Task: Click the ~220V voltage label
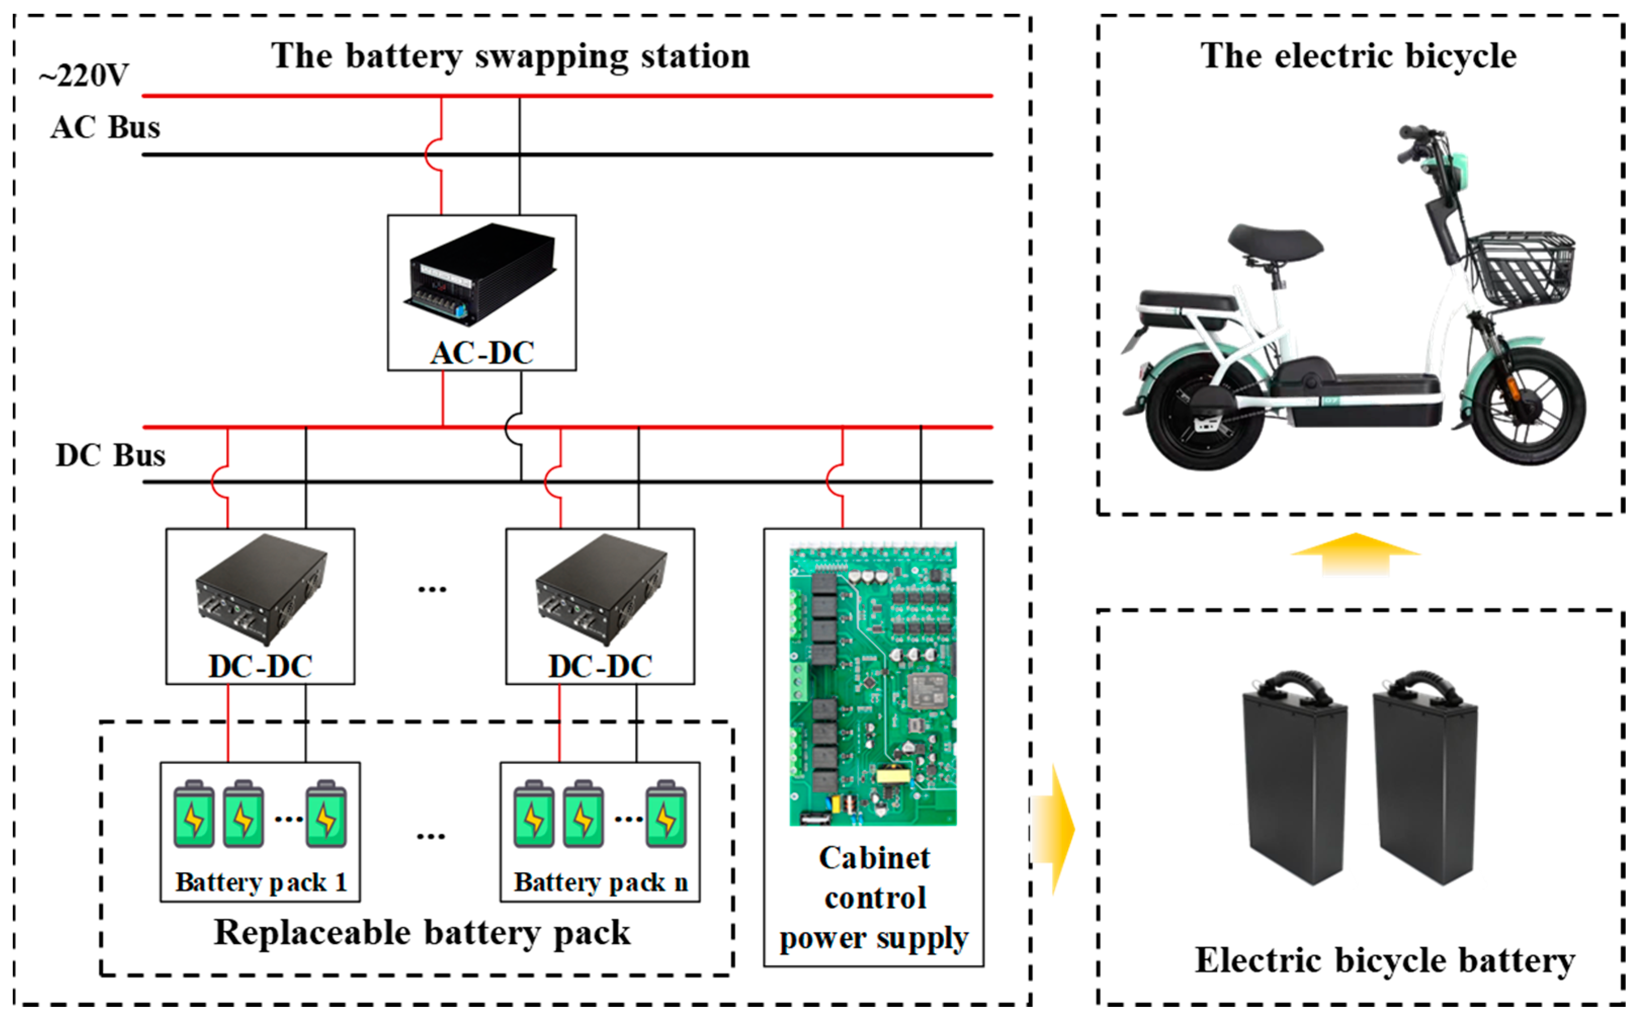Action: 83,75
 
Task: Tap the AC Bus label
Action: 105,128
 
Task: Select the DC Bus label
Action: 110,455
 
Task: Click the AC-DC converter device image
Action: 481,275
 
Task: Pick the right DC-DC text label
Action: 599,666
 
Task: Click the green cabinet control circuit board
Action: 873,684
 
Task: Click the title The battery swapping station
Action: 510,56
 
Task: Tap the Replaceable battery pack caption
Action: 422,933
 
